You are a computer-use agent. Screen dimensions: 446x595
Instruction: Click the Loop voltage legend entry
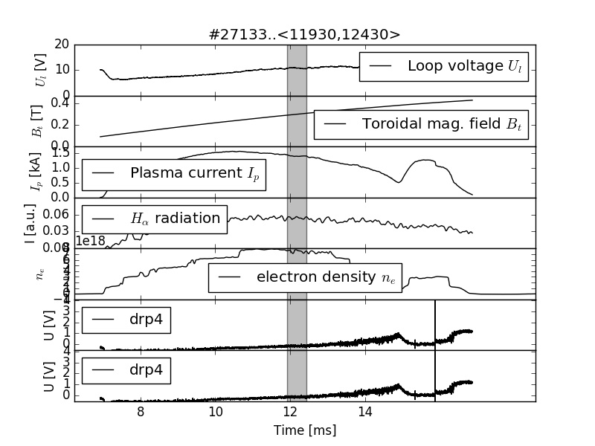coord(444,66)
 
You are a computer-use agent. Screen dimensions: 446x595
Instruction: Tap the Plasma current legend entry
coord(174,174)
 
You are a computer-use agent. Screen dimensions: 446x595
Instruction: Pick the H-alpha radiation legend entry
coord(155,219)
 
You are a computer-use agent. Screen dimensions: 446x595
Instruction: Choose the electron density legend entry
coord(305,277)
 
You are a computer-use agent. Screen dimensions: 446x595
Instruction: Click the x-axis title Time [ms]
coord(305,430)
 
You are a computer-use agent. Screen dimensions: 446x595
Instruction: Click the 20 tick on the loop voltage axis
coord(62,45)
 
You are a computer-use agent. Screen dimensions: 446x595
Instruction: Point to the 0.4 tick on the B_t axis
coord(59,103)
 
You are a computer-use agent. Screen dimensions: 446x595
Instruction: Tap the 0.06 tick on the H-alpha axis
coord(57,214)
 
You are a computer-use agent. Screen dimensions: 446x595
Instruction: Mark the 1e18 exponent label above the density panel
coord(90,241)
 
